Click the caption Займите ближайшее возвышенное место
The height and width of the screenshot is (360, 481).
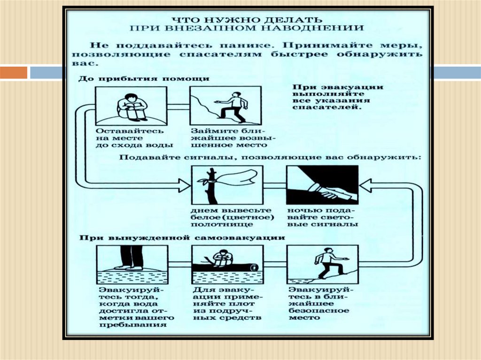point(227,138)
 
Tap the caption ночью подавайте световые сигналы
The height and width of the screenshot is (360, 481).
point(322,216)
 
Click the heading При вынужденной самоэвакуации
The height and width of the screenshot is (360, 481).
point(182,237)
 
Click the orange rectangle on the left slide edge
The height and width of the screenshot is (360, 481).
point(14,73)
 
